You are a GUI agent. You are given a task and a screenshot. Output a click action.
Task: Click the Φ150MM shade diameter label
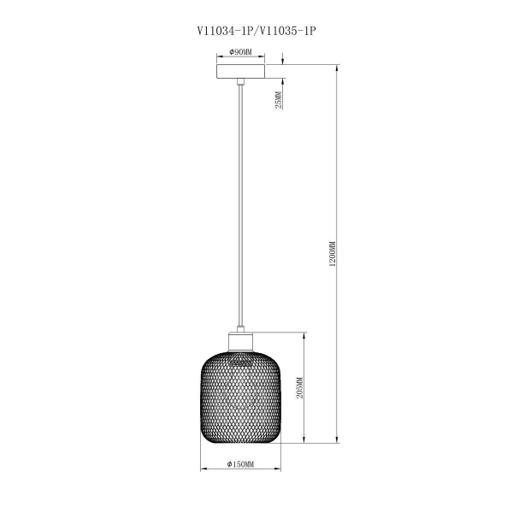pos(242,463)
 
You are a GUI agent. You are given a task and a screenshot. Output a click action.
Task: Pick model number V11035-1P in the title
pos(287,29)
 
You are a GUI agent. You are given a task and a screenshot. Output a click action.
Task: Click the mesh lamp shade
pos(242,398)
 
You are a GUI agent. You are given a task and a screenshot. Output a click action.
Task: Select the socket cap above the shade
pos(242,341)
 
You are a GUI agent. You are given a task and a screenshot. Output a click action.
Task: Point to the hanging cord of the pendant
pos(242,205)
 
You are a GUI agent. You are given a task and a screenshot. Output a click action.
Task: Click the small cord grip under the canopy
pos(242,82)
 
